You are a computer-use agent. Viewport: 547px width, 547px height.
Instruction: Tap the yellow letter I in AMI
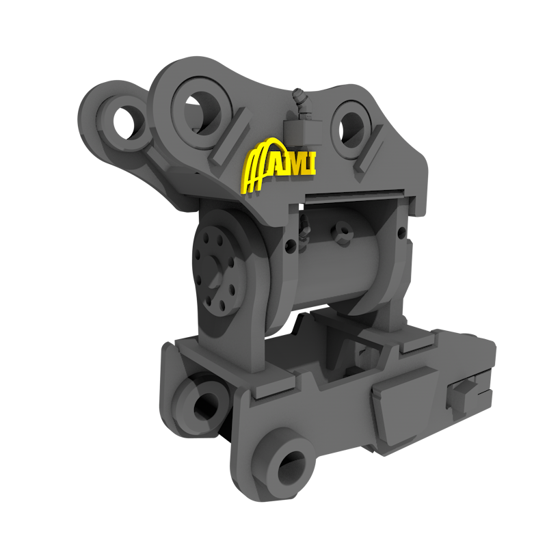312,163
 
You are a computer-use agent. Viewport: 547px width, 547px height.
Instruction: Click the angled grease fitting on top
300,101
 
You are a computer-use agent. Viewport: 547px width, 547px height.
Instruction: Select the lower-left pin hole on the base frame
204,404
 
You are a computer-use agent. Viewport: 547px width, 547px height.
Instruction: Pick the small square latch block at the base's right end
459,395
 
